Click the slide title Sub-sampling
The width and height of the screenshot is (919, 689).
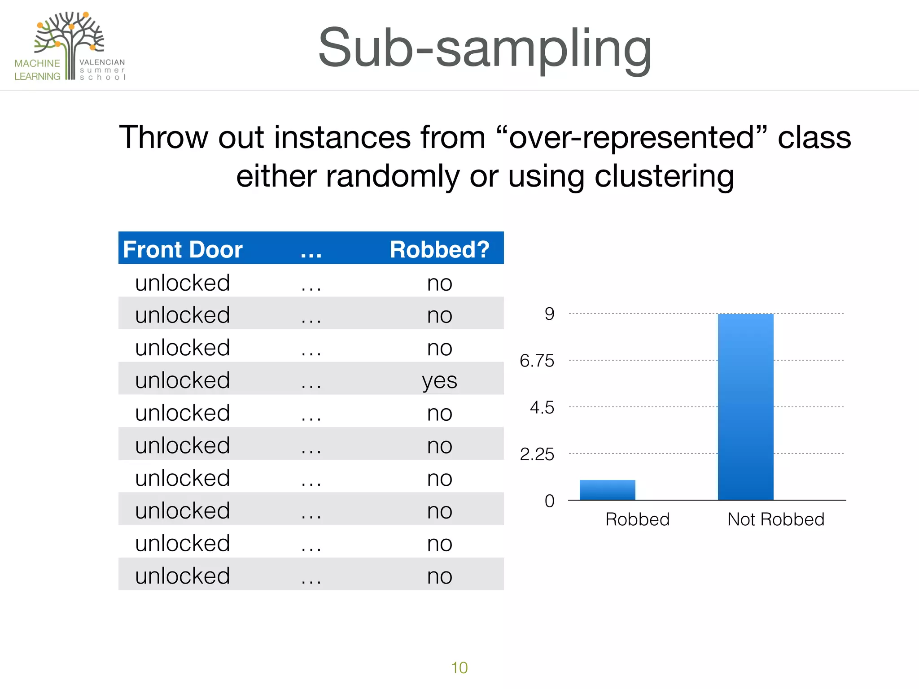point(485,48)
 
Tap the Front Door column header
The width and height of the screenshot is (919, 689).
point(183,249)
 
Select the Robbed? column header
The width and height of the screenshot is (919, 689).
point(439,249)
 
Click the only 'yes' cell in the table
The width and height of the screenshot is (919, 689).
point(439,381)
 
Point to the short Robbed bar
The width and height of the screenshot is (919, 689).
point(607,490)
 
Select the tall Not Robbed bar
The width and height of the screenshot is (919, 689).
point(745,406)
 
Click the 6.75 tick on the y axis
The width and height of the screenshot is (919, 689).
point(537,361)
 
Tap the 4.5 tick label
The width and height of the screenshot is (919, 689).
point(542,407)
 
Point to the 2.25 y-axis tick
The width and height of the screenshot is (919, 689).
point(537,454)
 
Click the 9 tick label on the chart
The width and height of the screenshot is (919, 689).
point(549,314)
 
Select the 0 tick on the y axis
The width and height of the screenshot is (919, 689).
point(549,501)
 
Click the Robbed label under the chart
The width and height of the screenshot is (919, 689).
point(637,519)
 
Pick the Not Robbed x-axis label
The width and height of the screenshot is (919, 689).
point(775,519)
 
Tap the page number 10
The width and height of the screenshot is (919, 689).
point(459,667)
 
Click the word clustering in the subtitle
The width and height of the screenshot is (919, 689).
point(664,176)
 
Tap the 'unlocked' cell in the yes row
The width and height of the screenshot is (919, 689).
point(183,380)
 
